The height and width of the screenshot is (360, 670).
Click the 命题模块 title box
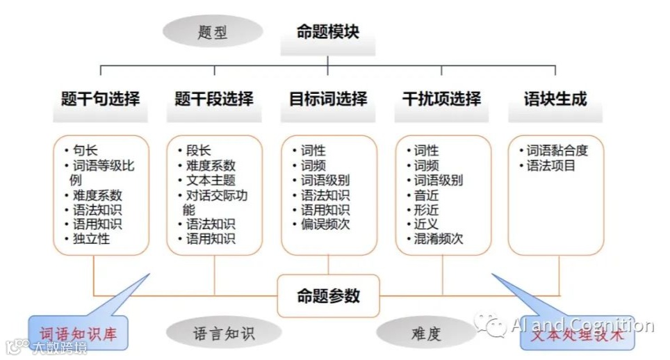click(x=328, y=32)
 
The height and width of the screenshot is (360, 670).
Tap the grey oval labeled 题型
click(x=213, y=32)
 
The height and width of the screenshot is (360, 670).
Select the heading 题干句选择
click(x=100, y=99)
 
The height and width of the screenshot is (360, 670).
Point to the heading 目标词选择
click(x=328, y=99)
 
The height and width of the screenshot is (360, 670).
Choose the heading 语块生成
click(x=555, y=99)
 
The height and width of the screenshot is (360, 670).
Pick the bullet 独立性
click(x=91, y=239)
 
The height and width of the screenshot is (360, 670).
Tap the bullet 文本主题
click(x=211, y=181)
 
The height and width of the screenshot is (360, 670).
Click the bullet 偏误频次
click(x=324, y=224)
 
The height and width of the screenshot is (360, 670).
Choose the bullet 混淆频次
click(x=438, y=239)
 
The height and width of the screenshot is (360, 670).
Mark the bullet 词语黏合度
click(x=557, y=151)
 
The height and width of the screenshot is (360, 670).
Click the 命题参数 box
click(x=329, y=296)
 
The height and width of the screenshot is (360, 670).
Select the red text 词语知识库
click(x=78, y=334)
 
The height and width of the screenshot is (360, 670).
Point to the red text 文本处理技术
click(x=578, y=336)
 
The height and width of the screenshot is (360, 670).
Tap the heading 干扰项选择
click(x=441, y=99)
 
